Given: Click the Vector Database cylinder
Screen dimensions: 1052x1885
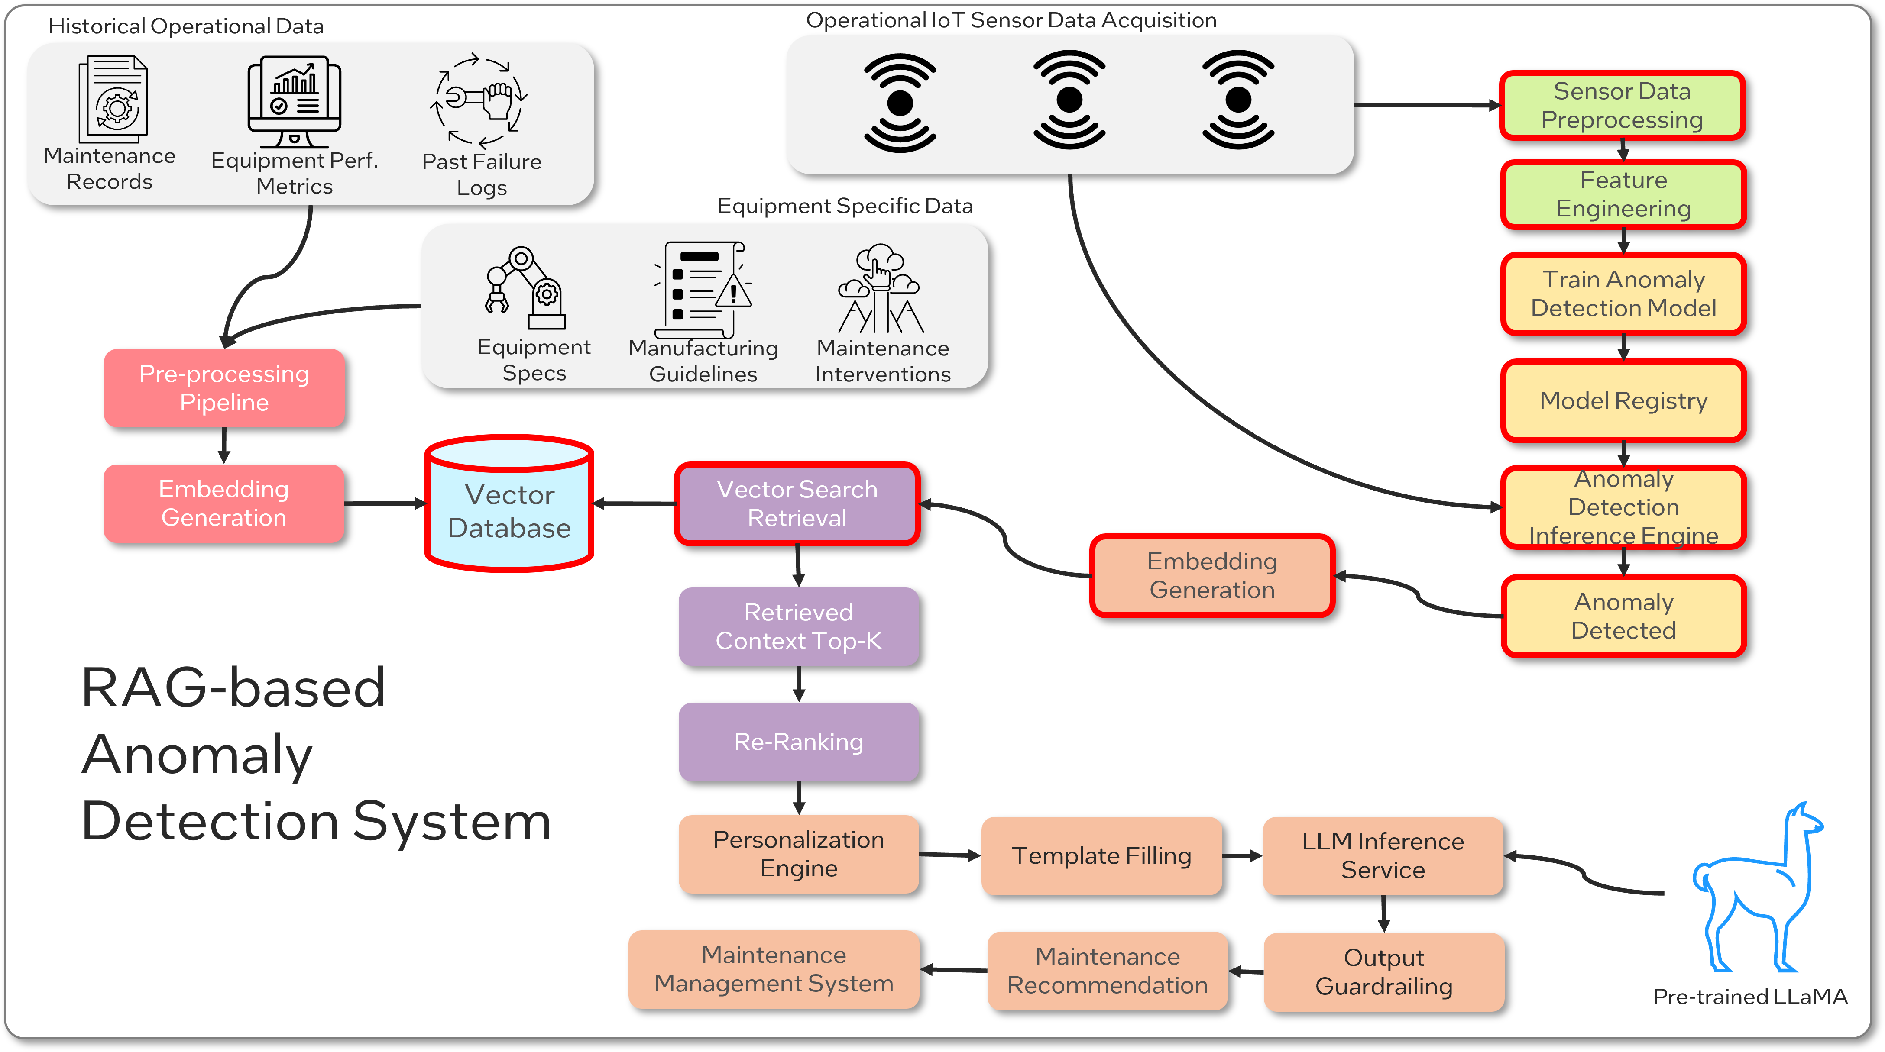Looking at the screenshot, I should click(x=509, y=505).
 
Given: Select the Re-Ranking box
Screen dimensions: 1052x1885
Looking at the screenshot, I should click(x=798, y=742).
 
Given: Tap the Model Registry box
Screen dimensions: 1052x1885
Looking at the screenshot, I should click(x=1623, y=401).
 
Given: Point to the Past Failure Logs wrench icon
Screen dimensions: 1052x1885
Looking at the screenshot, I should click(x=479, y=100).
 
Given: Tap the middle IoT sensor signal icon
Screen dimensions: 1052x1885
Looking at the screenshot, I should click(x=1069, y=100).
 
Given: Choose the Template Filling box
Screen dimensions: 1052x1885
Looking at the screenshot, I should click(x=1101, y=855).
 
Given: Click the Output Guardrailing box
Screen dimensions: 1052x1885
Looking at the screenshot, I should click(x=1383, y=971).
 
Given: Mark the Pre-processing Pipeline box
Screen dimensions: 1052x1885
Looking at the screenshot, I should click(x=224, y=388).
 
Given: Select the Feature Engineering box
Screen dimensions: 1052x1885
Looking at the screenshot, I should click(x=1623, y=194).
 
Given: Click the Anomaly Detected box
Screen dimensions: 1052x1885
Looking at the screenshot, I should click(x=1623, y=616).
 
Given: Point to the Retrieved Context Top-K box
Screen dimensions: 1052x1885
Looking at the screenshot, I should click(x=798, y=626).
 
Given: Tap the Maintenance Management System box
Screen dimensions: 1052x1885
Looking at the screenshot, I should click(x=774, y=969).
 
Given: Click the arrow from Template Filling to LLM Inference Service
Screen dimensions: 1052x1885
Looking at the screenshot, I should click(x=1242, y=855).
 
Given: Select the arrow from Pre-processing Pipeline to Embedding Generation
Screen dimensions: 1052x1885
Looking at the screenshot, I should click(x=224, y=445).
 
